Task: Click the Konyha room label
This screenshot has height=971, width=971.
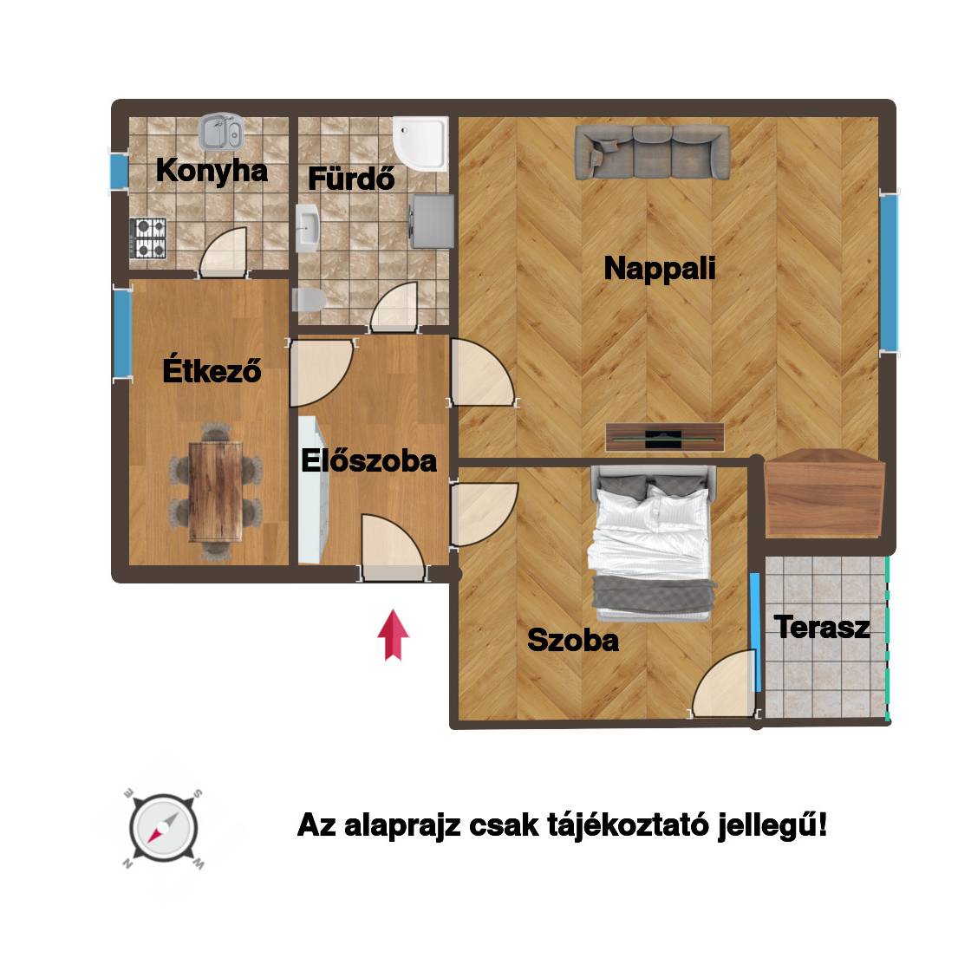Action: [x=212, y=170]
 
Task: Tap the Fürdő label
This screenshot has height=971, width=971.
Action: [x=351, y=179]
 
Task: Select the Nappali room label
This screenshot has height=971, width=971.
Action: [x=660, y=268]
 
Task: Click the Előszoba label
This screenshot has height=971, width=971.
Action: [x=369, y=460]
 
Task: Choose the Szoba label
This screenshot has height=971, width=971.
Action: [x=573, y=640]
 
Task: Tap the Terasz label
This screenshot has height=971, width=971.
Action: [x=822, y=627]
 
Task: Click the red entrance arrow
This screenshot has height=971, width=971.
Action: [x=394, y=635]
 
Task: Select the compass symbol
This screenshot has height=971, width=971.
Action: [x=164, y=828]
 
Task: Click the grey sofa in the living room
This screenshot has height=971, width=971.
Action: [x=652, y=152]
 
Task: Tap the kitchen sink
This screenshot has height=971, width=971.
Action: [x=221, y=131]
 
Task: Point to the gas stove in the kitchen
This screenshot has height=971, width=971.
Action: [x=148, y=238]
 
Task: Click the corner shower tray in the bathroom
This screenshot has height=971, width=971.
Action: [x=420, y=144]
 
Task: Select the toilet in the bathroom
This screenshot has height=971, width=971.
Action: [x=309, y=300]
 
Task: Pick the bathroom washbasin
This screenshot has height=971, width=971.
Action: [x=307, y=228]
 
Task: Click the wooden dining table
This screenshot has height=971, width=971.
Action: [x=215, y=491]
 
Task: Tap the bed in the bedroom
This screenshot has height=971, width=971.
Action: [x=651, y=543]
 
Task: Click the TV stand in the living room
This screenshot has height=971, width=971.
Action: [x=664, y=437]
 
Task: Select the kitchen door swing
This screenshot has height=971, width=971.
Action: [x=224, y=251]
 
